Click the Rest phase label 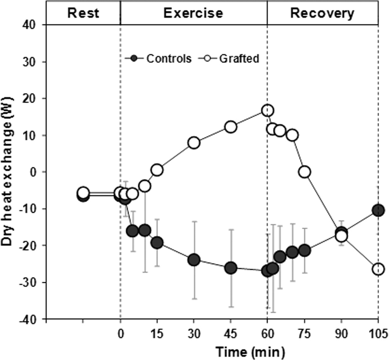(x=83, y=13)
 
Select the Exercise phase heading (x=193, y=13)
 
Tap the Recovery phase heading (x=322, y=13)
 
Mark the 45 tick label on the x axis (x=230, y=331)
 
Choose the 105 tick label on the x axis (x=378, y=331)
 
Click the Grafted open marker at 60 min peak (x=267, y=110)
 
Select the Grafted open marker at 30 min (x=194, y=143)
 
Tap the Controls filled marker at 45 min (x=230, y=268)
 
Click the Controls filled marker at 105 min (x=378, y=211)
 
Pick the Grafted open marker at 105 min (x=378, y=269)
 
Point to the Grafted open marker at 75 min (x=305, y=172)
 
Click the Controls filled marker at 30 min (x=194, y=260)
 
